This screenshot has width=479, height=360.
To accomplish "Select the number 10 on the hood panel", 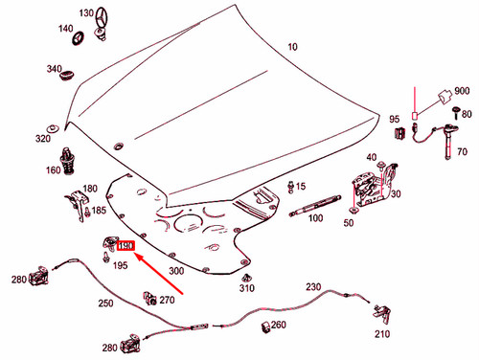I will click(292, 46).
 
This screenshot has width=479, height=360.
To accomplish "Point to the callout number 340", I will click(55, 70).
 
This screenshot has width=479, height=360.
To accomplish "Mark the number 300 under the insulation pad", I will click(175, 272).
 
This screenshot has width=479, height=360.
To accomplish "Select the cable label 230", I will click(314, 287).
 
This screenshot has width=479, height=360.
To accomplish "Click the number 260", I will click(279, 326).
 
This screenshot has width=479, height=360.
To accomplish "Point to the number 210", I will click(382, 334).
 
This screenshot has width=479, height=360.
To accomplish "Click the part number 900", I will click(462, 89).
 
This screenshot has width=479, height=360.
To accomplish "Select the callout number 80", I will click(467, 114).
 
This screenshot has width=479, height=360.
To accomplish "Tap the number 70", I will click(462, 151).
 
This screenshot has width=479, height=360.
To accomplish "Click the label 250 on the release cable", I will click(105, 304).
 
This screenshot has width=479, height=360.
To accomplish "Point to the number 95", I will click(395, 120).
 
